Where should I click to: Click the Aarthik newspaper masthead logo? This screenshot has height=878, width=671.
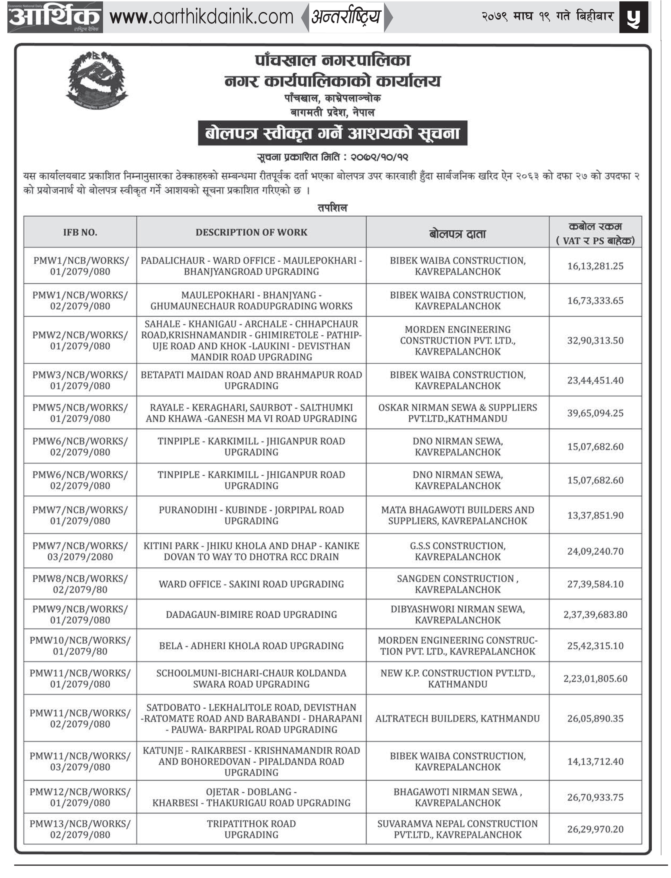point(55,17)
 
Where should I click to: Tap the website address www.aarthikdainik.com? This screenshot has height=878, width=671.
point(201,17)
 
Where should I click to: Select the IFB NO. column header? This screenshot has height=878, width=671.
point(80,232)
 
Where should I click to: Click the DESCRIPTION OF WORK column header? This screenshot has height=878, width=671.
point(251,232)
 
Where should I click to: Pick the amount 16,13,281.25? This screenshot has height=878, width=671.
point(595,266)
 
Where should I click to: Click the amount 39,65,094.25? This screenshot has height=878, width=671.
point(595,413)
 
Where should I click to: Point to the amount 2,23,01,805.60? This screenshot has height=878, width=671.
point(595,678)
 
